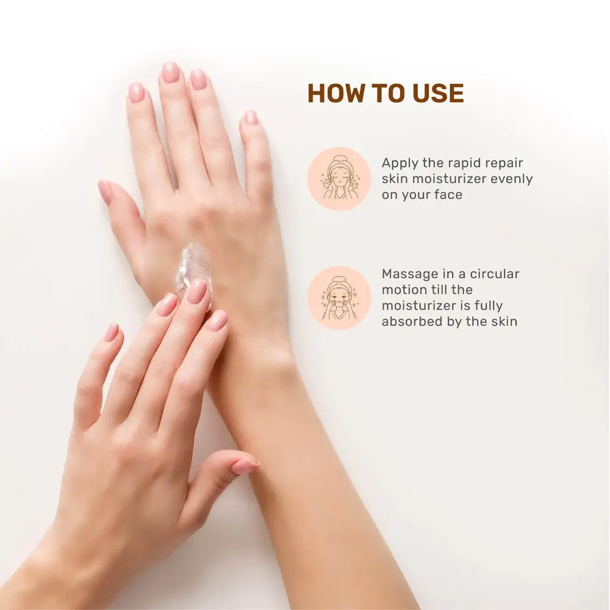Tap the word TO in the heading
(389, 93)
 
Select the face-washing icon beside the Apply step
(339, 179)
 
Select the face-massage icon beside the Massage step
(339, 298)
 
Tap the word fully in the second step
(488, 306)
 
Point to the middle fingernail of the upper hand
(170, 73)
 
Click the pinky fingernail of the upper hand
(251, 117)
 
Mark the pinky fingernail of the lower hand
(112, 332)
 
